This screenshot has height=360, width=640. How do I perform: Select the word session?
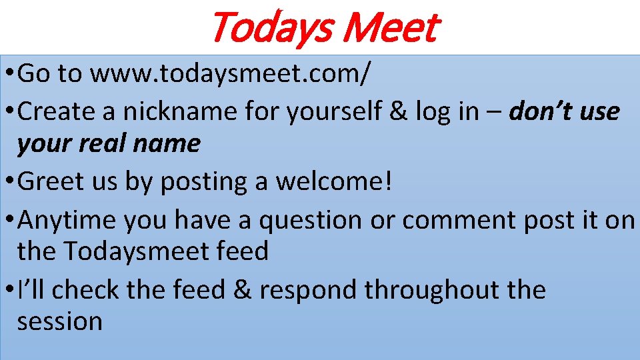tap(59, 321)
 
